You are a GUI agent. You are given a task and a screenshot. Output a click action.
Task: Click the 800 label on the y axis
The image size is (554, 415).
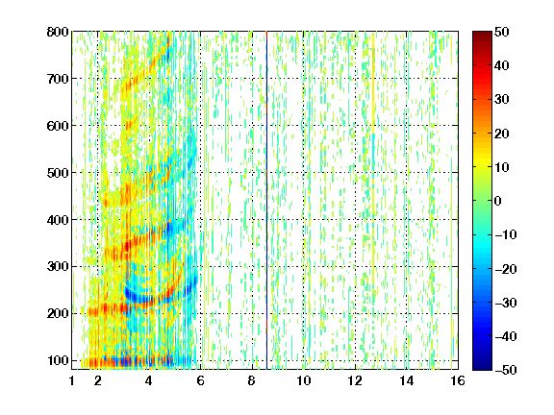coord(58,32)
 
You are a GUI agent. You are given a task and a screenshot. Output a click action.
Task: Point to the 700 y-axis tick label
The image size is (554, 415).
coord(58,79)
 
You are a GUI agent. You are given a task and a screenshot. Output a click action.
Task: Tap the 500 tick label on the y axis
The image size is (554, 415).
coord(58,173)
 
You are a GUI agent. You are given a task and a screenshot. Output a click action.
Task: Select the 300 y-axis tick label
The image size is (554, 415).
coord(58,267)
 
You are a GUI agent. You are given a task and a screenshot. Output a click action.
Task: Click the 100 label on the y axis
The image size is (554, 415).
coord(58,360)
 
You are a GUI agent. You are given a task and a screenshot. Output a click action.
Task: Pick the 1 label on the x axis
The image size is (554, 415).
coord(72,380)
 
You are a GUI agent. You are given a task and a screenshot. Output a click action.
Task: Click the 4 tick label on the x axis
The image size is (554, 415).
coord(149,380)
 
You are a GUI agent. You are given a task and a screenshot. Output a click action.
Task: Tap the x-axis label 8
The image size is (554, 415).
coord(252,380)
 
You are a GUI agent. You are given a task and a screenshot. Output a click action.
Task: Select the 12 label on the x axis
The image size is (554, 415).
coord(355,380)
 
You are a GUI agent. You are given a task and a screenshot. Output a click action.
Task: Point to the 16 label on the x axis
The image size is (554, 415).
coord(458,380)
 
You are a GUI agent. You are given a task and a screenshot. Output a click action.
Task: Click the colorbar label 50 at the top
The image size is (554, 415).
coord(501,32)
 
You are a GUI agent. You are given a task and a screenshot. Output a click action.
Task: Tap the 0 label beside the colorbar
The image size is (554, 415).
coord(498,201)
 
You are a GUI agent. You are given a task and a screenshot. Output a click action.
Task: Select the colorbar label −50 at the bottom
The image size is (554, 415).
coord(506,370)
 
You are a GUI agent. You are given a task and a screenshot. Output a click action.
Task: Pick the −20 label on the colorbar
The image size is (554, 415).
coord(506,269)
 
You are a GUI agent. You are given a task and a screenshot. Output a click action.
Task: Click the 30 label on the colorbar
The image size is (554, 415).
coord(501,100)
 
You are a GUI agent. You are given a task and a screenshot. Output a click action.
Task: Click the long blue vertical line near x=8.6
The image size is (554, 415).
coord(266,201)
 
